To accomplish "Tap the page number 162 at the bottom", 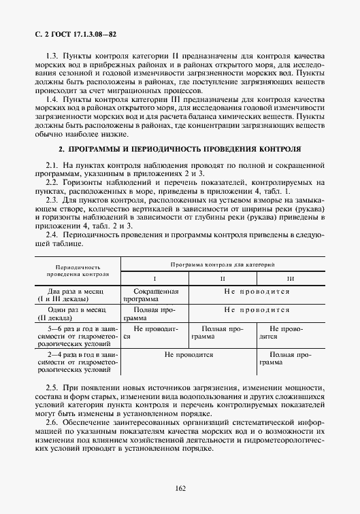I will click(180, 487).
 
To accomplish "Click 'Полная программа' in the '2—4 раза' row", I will click(291, 358).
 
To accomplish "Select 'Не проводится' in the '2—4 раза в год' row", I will click(189, 354).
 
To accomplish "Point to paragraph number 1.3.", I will click(53, 53).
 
